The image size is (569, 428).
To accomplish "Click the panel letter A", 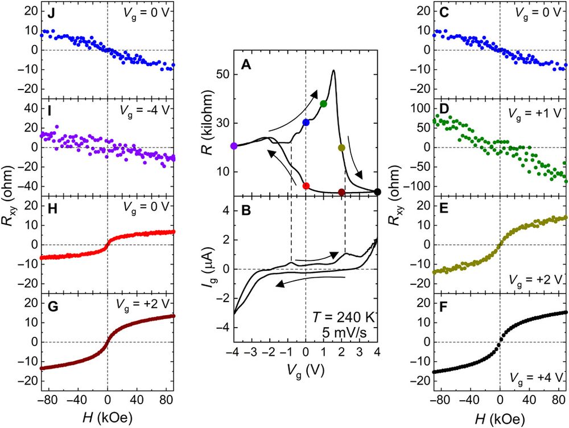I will point(246,66).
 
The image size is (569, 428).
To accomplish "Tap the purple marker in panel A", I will point(234,146).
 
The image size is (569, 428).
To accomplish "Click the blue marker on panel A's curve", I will point(306,122).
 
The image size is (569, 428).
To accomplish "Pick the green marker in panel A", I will point(324,103).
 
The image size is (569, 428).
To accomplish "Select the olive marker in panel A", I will point(341,148).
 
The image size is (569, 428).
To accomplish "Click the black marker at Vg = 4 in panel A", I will point(377,192).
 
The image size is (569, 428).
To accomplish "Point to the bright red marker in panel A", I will point(306,186).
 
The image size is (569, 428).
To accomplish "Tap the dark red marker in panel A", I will point(341,193).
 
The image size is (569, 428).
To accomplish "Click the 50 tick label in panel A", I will point(220,75).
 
